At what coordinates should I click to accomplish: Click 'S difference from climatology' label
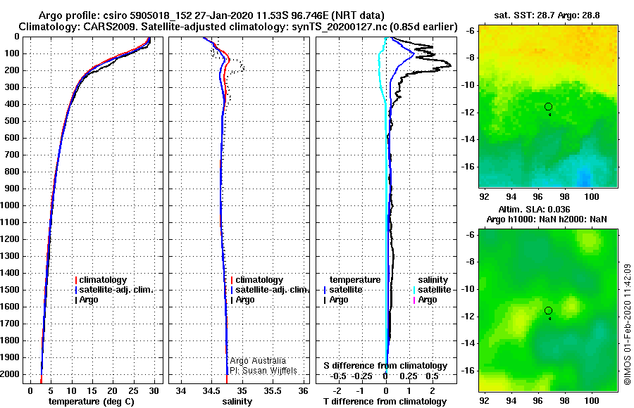coord(385,366)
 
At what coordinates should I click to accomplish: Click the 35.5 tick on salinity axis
coord(273,390)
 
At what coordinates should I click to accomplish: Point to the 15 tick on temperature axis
coord(92,390)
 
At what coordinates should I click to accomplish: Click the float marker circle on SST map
coord(548,107)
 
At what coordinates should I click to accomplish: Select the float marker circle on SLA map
coord(548,311)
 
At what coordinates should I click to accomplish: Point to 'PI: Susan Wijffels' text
coord(263,370)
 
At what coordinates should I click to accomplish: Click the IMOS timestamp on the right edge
coord(627,324)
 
